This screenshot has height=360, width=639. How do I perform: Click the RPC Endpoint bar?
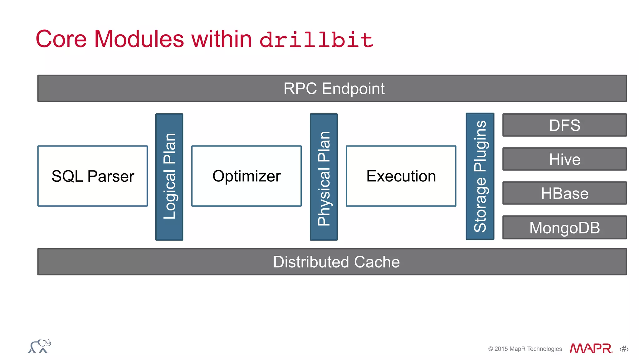click(332, 88)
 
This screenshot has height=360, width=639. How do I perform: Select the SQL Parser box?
click(93, 176)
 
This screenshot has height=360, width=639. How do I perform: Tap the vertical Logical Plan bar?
click(169, 177)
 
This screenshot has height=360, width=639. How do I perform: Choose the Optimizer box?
click(246, 176)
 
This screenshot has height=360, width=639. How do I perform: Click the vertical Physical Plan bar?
click(324, 177)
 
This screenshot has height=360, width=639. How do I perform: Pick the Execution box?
click(401, 176)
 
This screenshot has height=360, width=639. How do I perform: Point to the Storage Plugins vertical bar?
click(480, 176)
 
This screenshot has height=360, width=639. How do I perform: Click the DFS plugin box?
click(564, 125)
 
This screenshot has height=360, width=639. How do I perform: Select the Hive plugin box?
click(564, 159)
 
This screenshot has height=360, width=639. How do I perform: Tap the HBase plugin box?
click(564, 193)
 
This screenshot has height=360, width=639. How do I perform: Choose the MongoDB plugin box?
click(564, 228)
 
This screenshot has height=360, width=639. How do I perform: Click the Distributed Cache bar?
click(332, 262)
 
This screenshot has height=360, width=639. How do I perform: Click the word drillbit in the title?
click(316, 40)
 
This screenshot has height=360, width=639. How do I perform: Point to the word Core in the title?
click(61, 39)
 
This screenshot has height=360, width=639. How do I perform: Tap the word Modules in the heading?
click(139, 39)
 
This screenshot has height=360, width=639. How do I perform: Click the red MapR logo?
click(591, 348)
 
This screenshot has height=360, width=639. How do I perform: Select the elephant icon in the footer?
click(40, 346)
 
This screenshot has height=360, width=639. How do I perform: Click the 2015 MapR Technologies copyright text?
click(525, 349)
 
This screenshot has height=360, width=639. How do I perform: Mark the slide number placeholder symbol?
click(624, 349)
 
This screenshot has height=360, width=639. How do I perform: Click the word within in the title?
click(222, 39)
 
